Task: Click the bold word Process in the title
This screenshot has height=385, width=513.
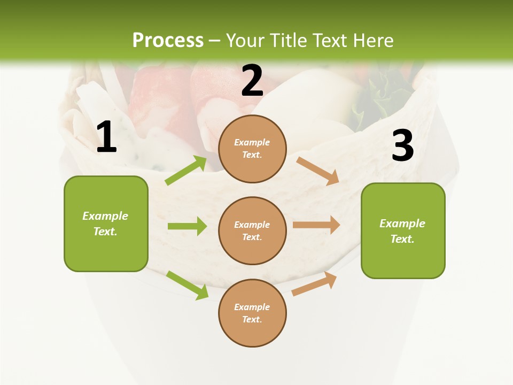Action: pyautogui.click(x=168, y=41)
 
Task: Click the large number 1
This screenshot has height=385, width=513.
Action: pyautogui.click(x=106, y=137)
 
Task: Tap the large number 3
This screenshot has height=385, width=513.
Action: pyautogui.click(x=402, y=145)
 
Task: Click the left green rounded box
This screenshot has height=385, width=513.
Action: pyautogui.click(x=106, y=224)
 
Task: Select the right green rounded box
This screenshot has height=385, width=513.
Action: pyautogui.click(x=403, y=231)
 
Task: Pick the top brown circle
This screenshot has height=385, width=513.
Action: pyautogui.click(x=252, y=149)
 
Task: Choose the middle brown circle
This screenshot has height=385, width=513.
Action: pyautogui.click(x=252, y=231)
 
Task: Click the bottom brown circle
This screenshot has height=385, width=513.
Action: pyautogui.click(x=252, y=313)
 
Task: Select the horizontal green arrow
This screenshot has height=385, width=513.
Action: pyautogui.click(x=187, y=226)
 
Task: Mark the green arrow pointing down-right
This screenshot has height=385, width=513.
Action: pyautogui.click(x=187, y=284)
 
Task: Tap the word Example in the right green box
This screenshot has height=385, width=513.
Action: pyautogui.click(x=402, y=224)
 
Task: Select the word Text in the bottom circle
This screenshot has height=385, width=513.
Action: pyautogui.click(x=251, y=320)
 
